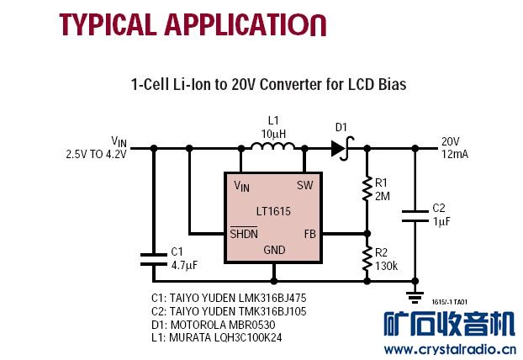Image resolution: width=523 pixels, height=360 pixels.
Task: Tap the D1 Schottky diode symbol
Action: pos(340,149)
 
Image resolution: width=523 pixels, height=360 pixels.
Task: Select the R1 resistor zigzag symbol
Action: pos(367,190)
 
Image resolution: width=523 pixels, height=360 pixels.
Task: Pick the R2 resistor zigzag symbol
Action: pos(367,259)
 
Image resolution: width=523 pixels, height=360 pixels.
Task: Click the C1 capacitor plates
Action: pos(153,257)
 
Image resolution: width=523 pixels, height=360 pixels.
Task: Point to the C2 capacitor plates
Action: pos(414,214)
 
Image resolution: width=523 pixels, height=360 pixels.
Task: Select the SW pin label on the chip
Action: pos(304,185)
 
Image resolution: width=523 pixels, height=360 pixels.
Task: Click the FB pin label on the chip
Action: pos(309,233)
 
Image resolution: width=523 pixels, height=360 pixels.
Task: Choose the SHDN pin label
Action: pos(244,233)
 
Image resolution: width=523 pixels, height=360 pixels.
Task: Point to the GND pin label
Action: pos(274,250)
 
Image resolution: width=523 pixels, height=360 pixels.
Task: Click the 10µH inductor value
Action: pos(274,135)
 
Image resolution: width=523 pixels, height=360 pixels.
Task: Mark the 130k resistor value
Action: pos(387,265)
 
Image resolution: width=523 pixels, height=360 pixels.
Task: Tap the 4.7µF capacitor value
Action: pos(183,265)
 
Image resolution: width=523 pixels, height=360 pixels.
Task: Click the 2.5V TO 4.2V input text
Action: pos(96,155)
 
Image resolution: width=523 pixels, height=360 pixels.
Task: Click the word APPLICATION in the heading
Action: pos(236,23)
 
